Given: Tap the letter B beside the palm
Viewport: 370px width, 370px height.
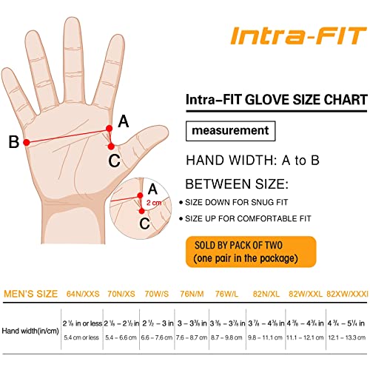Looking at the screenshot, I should pos(13,142).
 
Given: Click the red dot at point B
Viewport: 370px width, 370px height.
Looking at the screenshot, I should pos(27,141).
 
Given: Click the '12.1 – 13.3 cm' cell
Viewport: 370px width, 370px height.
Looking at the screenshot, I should pos(346,337).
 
